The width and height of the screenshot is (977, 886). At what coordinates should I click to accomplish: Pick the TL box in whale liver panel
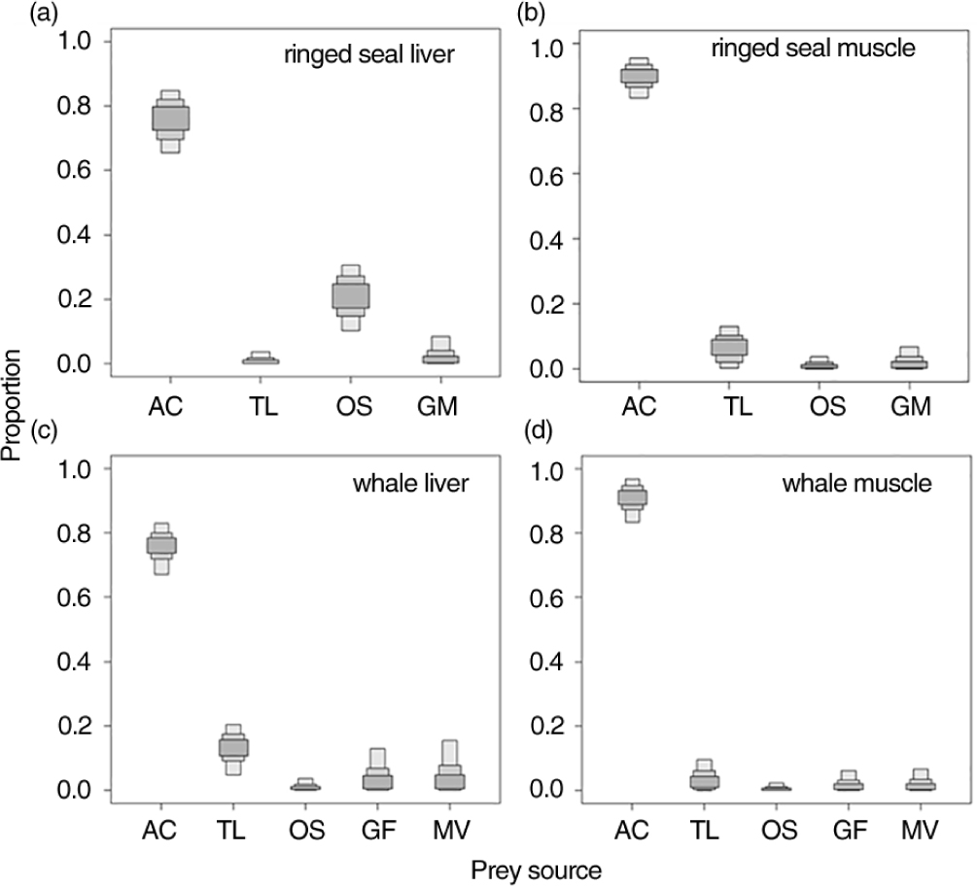coord(233,747)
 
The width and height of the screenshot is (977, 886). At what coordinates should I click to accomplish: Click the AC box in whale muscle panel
coord(633,498)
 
